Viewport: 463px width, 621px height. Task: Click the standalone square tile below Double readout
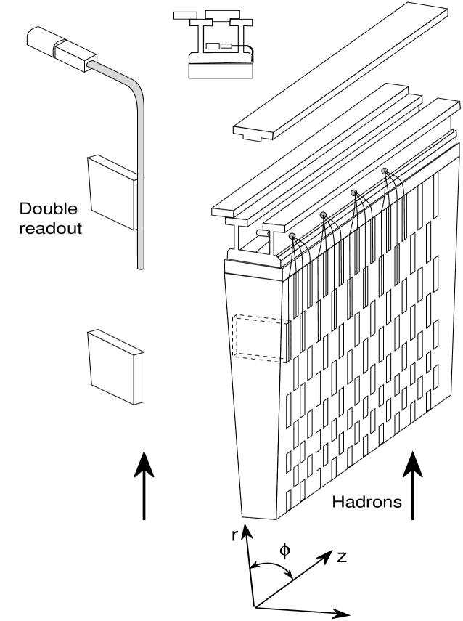pyautogui.click(x=115, y=366)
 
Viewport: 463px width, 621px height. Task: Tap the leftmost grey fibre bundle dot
pyautogui.click(x=292, y=237)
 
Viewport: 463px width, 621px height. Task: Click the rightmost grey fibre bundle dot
pyautogui.click(x=385, y=171)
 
